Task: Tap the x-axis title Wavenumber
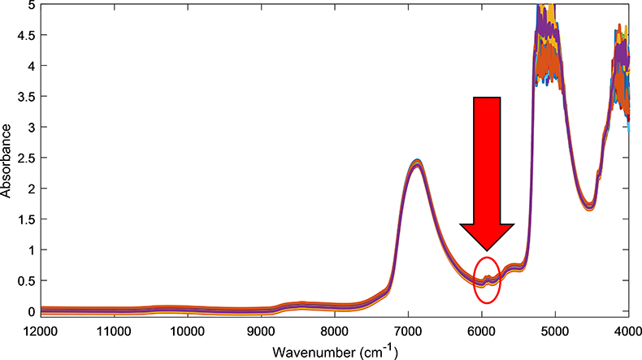[333, 351]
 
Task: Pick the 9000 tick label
[260, 332]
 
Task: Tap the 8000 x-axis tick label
[334, 332]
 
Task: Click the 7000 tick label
[408, 332]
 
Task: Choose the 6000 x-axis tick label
[481, 332]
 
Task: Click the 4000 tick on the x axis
[628, 332]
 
